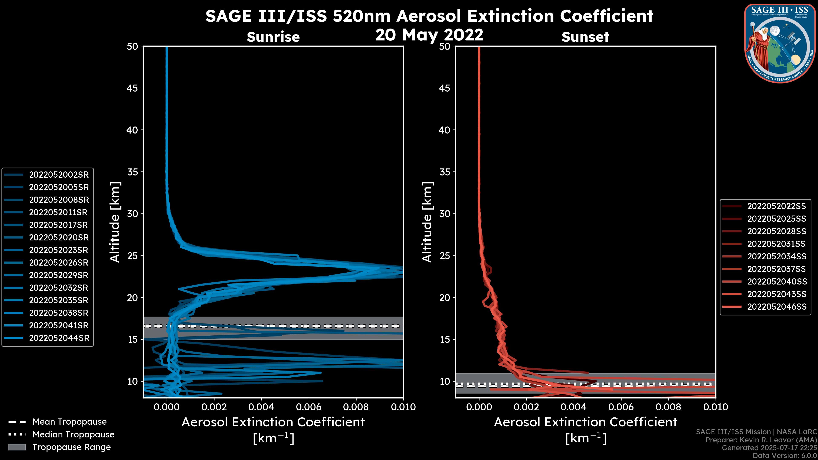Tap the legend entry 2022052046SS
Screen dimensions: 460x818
click(x=776, y=307)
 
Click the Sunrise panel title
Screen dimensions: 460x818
click(x=273, y=37)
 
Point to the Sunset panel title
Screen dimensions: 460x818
click(x=585, y=37)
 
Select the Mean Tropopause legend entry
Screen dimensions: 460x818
click(x=69, y=422)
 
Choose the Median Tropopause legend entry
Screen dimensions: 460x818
click(x=73, y=434)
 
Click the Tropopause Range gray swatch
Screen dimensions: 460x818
click(x=17, y=447)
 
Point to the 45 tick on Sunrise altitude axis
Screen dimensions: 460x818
click(x=133, y=88)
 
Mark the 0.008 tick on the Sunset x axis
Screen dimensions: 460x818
click(x=668, y=407)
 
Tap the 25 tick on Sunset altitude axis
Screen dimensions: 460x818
click(x=445, y=256)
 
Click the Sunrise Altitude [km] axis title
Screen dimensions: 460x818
click(x=115, y=222)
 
